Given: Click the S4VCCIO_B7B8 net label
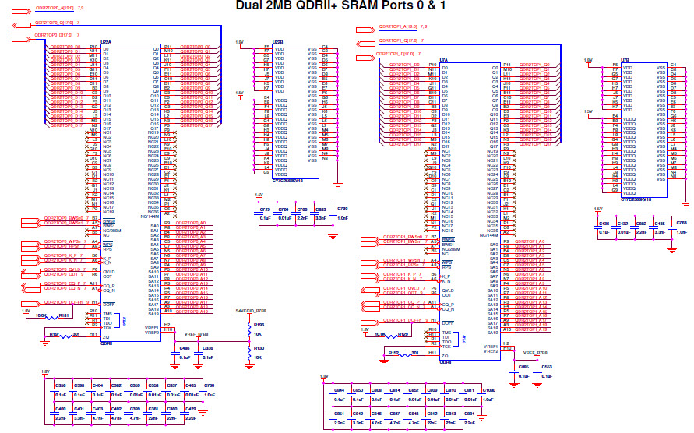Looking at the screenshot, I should (250, 312).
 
